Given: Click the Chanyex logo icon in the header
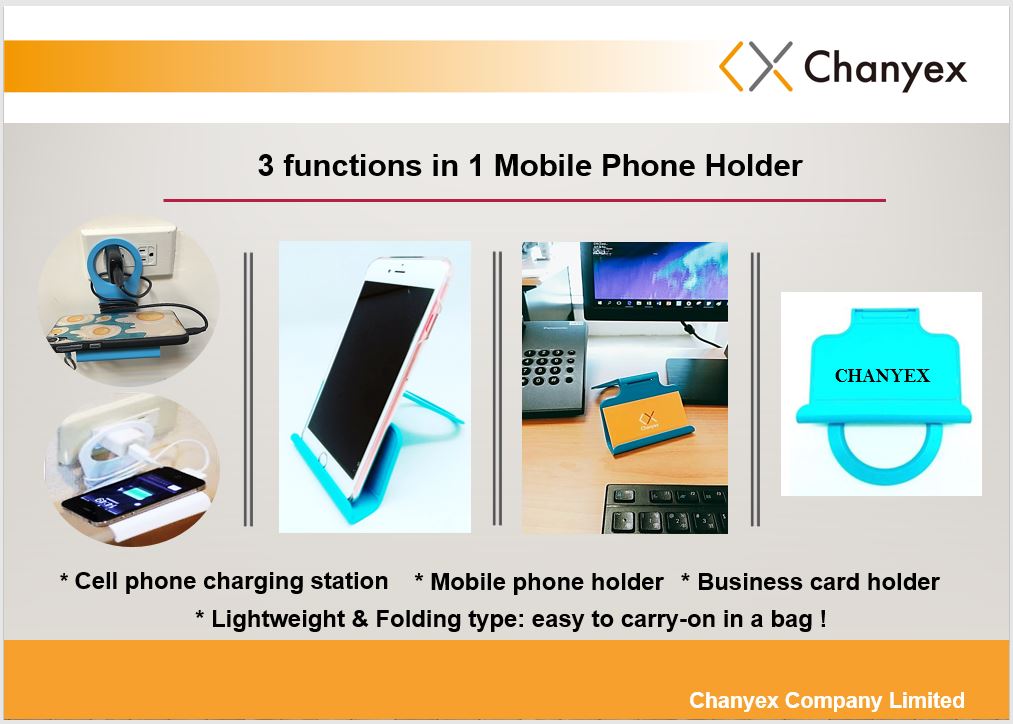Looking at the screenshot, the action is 756,66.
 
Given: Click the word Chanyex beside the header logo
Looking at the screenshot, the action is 885,68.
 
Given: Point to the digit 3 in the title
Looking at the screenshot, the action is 266,166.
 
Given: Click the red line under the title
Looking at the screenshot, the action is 525,200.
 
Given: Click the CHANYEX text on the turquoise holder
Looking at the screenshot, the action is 882,376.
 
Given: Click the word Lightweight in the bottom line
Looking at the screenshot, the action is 278,619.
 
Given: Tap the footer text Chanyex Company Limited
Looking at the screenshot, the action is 826,701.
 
